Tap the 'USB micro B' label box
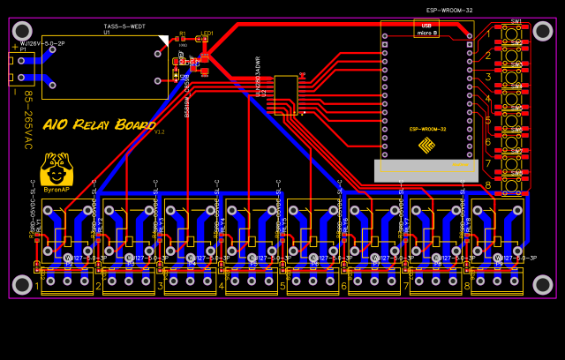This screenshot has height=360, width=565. [426, 28]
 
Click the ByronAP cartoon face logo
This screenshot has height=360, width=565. [56, 168]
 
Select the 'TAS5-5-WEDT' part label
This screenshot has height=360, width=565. [124, 26]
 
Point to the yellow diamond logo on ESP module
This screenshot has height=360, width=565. [426, 145]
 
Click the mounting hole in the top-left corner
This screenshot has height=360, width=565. [22, 31]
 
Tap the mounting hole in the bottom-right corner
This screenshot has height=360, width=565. [543, 284]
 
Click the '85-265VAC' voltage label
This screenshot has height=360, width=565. [27, 119]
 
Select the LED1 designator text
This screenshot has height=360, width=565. [207, 33]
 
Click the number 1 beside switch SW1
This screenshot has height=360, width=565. [487, 34]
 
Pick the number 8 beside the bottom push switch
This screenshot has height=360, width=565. [487, 185]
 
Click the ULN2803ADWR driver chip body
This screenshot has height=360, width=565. [285, 94]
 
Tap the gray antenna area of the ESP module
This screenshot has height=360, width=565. [426, 170]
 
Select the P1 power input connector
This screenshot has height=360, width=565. [19, 68]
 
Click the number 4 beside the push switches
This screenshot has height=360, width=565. [487, 99]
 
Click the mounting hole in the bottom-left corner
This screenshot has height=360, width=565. [22, 284]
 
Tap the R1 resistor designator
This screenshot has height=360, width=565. [182, 33]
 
